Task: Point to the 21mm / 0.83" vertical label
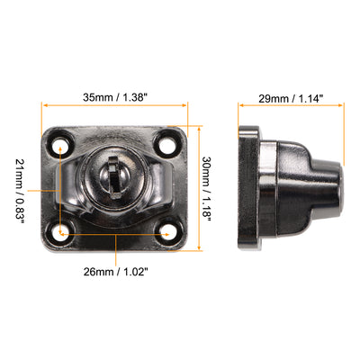(x=21, y=188)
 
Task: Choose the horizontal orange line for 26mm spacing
(x=114, y=236)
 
